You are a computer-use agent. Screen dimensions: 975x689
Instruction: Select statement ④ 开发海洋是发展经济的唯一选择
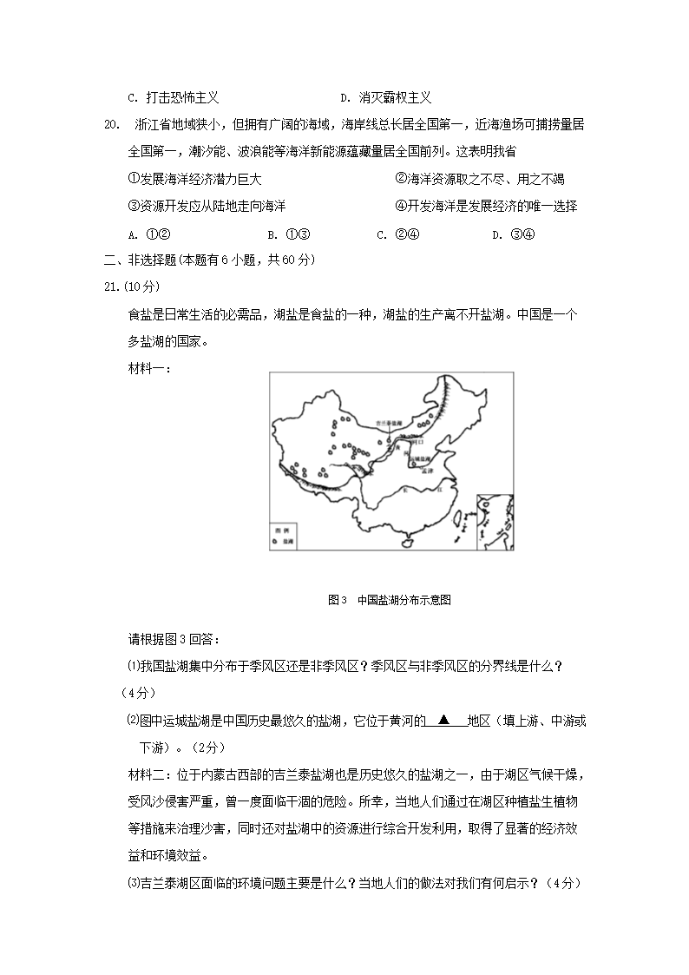(x=486, y=206)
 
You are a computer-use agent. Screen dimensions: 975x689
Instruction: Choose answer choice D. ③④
(x=512, y=234)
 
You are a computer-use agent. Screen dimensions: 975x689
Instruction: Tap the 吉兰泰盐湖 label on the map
(x=390, y=423)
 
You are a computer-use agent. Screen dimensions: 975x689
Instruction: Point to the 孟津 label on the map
(x=426, y=470)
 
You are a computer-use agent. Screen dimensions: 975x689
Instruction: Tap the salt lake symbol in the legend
(x=276, y=540)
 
